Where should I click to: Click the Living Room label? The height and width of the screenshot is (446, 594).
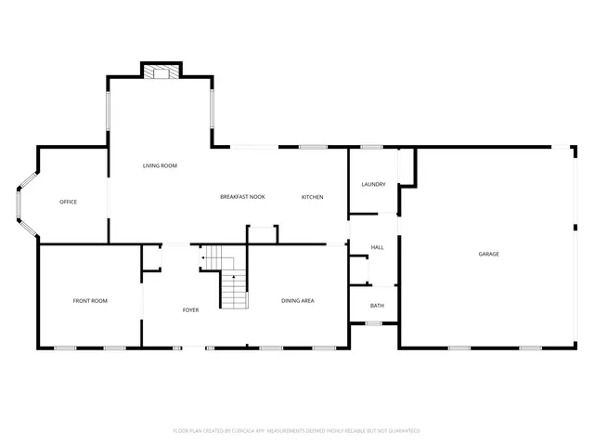(160, 165)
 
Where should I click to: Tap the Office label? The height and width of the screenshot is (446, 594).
(68, 202)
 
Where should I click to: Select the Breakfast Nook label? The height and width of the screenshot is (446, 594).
(242, 197)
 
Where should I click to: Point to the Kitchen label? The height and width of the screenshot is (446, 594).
(312, 197)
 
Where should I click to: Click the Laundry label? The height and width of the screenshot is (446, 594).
(373, 185)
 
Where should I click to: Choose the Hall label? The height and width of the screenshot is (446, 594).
(377, 247)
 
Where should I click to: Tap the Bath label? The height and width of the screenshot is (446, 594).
(377, 306)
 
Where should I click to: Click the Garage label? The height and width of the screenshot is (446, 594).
(488, 254)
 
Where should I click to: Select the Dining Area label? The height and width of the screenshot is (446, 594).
(298, 300)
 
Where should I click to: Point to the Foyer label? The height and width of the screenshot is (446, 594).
(190, 309)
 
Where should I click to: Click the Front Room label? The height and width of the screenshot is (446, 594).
(90, 300)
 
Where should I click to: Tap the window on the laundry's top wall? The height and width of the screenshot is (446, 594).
(372, 147)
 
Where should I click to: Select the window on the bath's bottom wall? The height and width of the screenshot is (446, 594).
(373, 323)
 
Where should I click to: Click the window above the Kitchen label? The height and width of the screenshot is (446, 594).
(312, 147)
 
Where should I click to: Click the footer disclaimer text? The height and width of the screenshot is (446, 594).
(297, 430)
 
